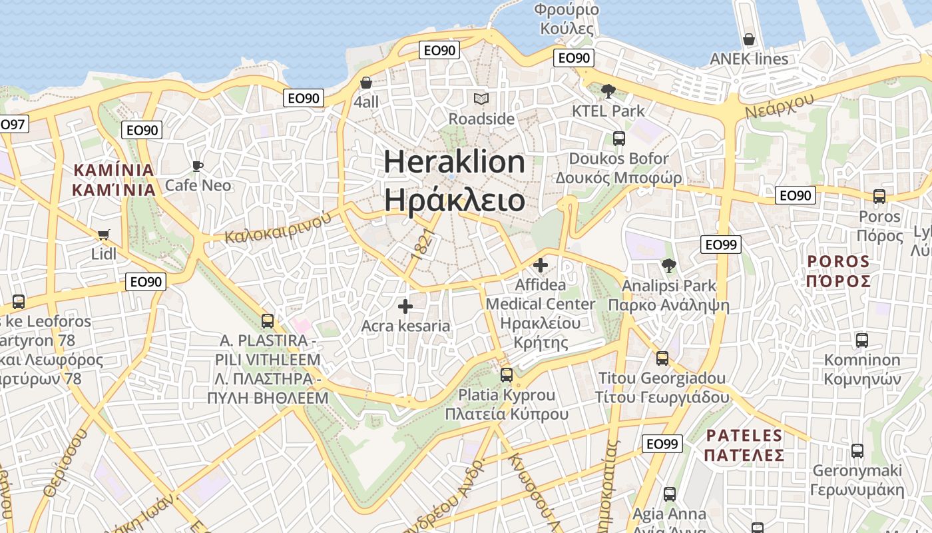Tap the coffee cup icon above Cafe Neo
click(197, 165)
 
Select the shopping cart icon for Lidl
click(103, 235)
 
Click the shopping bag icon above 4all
click(366, 83)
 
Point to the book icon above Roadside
click(481, 99)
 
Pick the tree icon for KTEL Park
click(608, 91)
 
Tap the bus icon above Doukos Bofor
click(619, 139)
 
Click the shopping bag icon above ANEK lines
click(749, 39)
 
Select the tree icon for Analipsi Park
click(669, 266)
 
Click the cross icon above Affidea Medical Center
click(541, 265)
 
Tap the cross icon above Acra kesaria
click(405, 306)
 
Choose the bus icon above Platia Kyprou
click(507, 375)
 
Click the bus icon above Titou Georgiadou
click(662, 358)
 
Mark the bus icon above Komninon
click(862, 340)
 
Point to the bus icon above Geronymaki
click(857, 451)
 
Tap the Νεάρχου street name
click(780, 105)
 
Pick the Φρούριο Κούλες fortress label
click(567, 19)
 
